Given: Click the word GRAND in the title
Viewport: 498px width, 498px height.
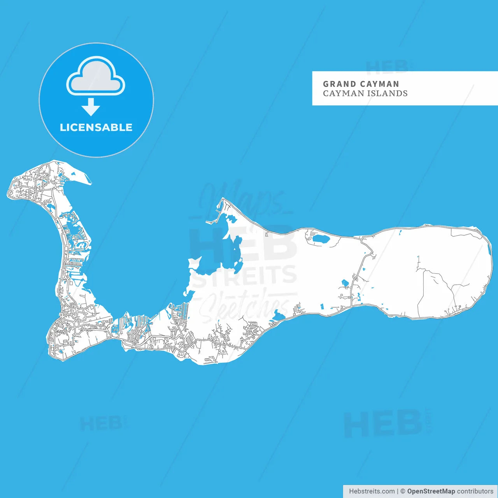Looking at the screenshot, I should [339, 84].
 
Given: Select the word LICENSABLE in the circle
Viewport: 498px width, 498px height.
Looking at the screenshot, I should [96, 127].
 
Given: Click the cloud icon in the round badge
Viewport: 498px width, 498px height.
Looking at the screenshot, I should [96, 77].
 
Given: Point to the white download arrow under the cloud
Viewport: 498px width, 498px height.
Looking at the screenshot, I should [91, 107].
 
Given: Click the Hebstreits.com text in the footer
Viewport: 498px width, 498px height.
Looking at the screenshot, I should [372, 491].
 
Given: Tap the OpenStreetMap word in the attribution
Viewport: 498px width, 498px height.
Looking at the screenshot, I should [431, 491].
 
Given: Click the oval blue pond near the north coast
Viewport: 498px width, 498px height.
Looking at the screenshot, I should [321, 238].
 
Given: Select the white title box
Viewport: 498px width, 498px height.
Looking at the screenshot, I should [405, 88].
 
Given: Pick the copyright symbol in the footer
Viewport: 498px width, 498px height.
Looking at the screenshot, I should [403, 491].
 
